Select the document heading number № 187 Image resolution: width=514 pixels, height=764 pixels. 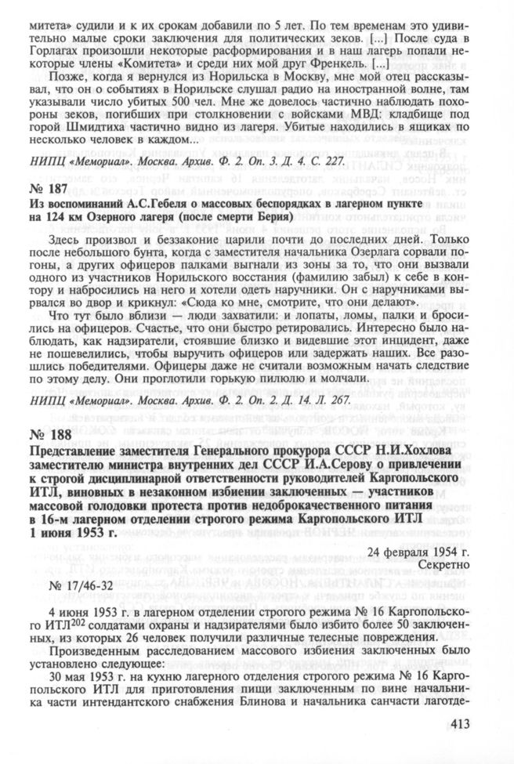[48, 189]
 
